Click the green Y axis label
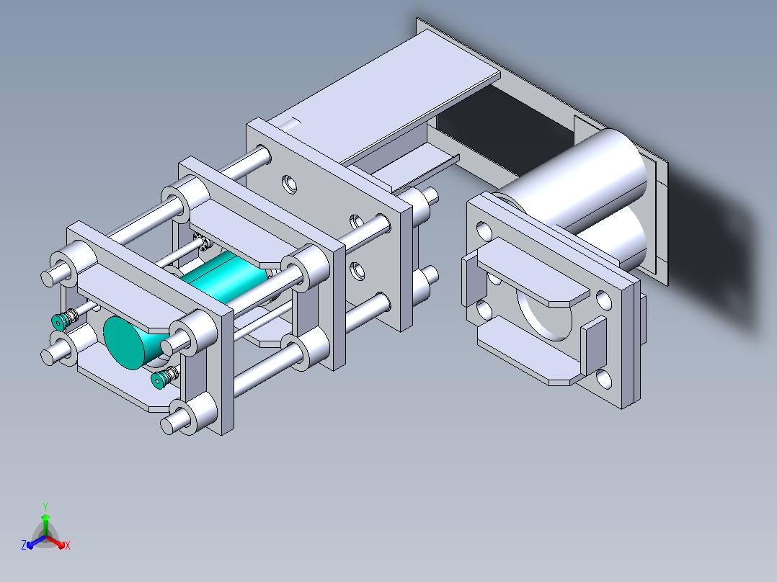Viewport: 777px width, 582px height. click(x=45, y=506)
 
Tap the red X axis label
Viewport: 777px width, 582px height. click(x=68, y=545)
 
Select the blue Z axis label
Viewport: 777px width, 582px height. click(x=24, y=545)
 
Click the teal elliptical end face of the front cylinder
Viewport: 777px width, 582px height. click(x=123, y=343)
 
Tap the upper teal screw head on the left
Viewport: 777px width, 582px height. click(x=58, y=322)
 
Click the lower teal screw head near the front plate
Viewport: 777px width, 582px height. click(x=159, y=380)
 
